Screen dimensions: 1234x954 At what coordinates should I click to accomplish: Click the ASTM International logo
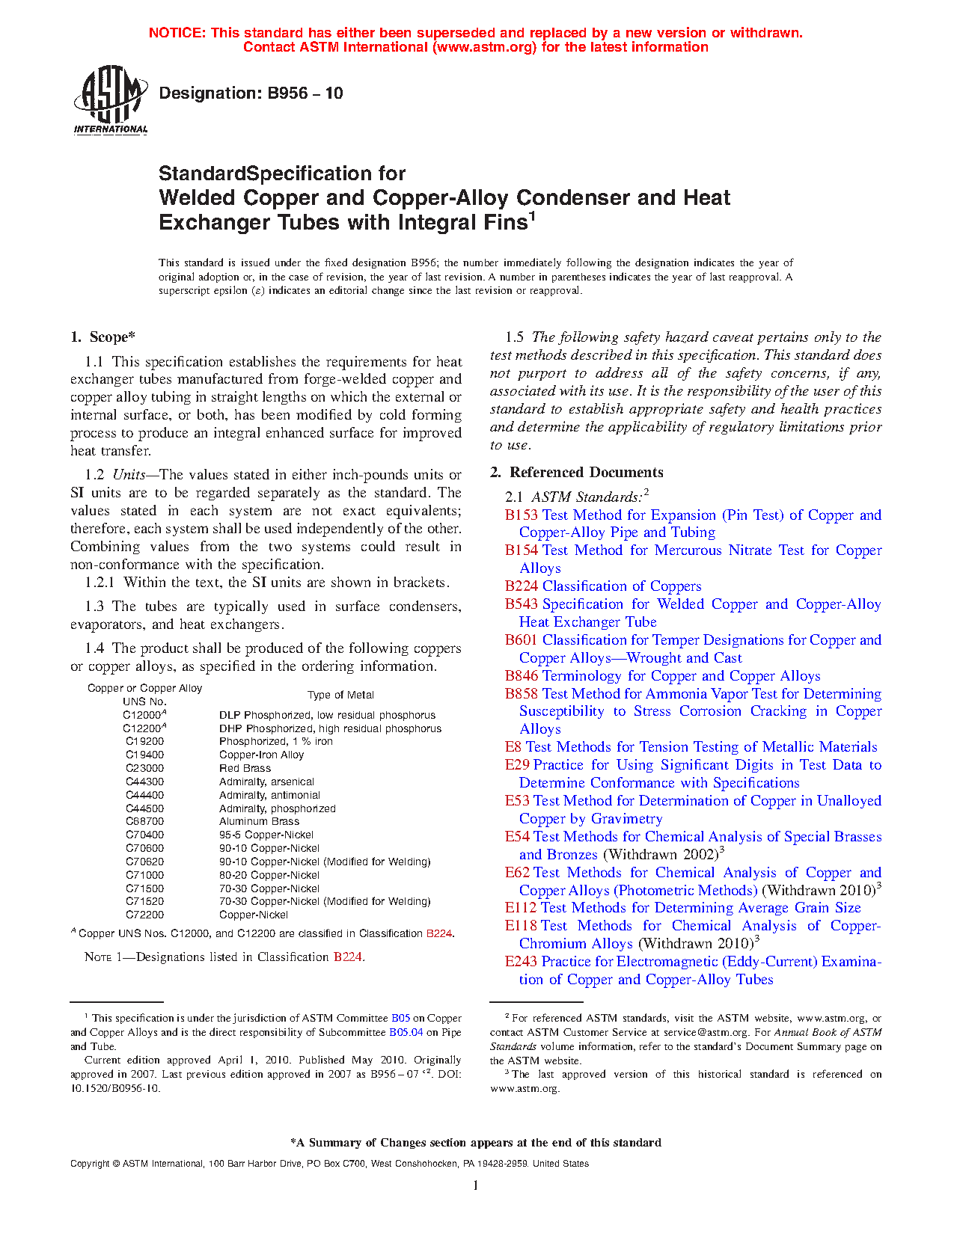tap(111, 99)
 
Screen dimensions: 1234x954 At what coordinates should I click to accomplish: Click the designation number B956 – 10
tap(251, 93)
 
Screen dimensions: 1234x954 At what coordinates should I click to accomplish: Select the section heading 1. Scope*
tap(103, 337)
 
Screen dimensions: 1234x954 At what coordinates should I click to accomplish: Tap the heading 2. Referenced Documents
tap(577, 473)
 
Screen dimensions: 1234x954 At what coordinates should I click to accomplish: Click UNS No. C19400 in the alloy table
tap(144, 755)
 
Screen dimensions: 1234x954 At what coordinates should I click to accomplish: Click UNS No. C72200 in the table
tap(144, 915)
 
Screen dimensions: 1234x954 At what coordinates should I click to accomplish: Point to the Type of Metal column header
tap(340, 696)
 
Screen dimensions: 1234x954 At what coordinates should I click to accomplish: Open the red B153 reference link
tap(522, 515)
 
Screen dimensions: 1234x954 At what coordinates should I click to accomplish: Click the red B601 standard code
tap(522, 640)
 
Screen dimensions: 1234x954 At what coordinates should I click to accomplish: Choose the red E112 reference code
tap(521, 908)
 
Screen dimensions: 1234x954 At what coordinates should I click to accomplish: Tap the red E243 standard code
tap(521, 962)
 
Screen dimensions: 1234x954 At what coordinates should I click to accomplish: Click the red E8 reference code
tap(513, 747)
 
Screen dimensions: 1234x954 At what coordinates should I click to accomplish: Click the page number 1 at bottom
tap(476, 1185)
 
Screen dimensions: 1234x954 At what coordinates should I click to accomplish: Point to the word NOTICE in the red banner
tap(177, 33)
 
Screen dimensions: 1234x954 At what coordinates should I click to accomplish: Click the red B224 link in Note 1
tap(347, 957)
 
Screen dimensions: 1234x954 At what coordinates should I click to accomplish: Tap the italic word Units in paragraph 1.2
tap(129, 475)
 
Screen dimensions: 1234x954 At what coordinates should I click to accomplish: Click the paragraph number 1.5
tap(514, 337)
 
